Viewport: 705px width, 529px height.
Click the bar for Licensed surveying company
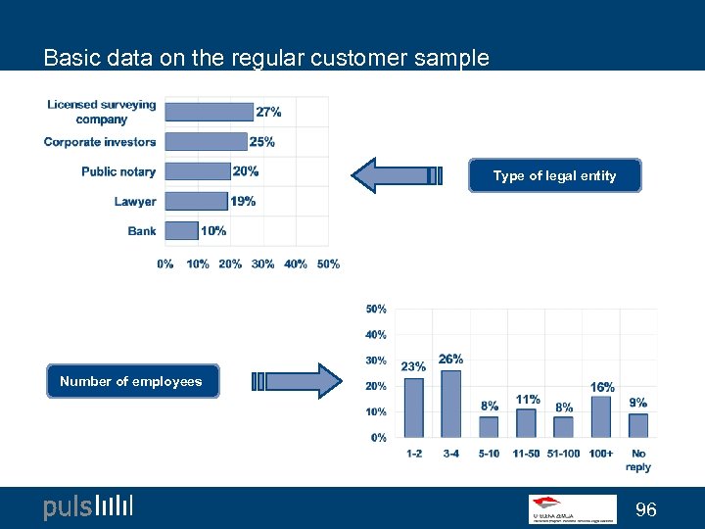pos(209,112)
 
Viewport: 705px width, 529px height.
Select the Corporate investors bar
pos(206,141)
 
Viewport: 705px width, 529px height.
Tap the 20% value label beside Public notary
pos(246,171)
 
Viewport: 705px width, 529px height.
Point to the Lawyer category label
pos(135,201)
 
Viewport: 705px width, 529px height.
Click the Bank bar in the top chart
pos(181,230)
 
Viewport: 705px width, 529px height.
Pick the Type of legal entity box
pos(554,175)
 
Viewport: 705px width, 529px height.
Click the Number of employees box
pos(131,381)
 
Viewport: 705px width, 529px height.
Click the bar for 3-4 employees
pos(450,404)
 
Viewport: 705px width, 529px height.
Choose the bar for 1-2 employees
pos(414,408)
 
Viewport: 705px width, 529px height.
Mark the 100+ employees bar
pos(601,416)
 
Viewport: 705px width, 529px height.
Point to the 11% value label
pos(528,400)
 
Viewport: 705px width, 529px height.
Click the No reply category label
pos(638,459)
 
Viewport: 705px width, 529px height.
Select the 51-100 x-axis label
pos(564,454)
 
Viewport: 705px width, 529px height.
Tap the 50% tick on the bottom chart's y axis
pos(376,309)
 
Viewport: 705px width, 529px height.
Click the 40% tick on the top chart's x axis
pos(296,264)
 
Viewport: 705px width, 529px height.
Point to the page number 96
pos(646,509)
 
